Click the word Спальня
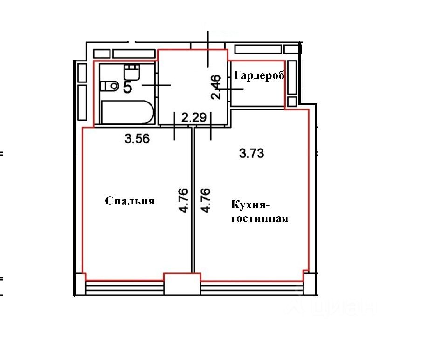[129, 201]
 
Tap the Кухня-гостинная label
[259, 211]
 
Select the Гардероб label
[259, 75]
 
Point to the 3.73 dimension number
[252, 153]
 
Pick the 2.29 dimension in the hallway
[193, 117]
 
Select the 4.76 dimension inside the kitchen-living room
[205, 200]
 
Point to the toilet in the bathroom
[109, 86]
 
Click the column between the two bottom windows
[182, 284]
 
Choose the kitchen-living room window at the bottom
[252, 287]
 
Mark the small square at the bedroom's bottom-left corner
[80, 284]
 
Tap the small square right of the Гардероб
[292, 101]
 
